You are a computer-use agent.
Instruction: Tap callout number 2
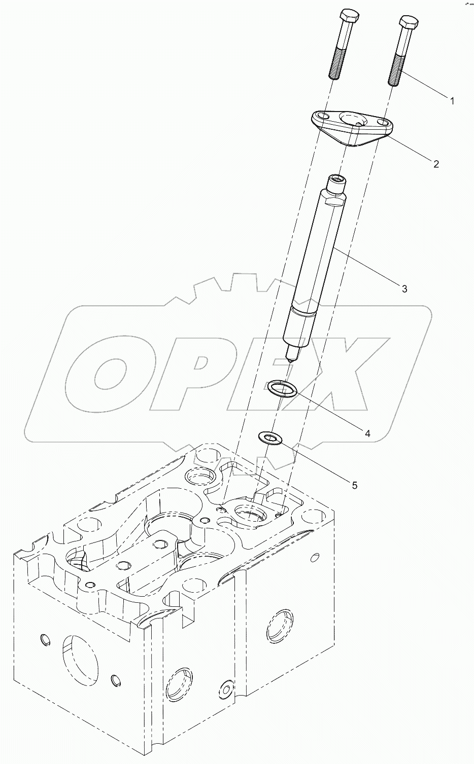435,163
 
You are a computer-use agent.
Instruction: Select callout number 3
404,289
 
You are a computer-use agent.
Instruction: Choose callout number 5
354,485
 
